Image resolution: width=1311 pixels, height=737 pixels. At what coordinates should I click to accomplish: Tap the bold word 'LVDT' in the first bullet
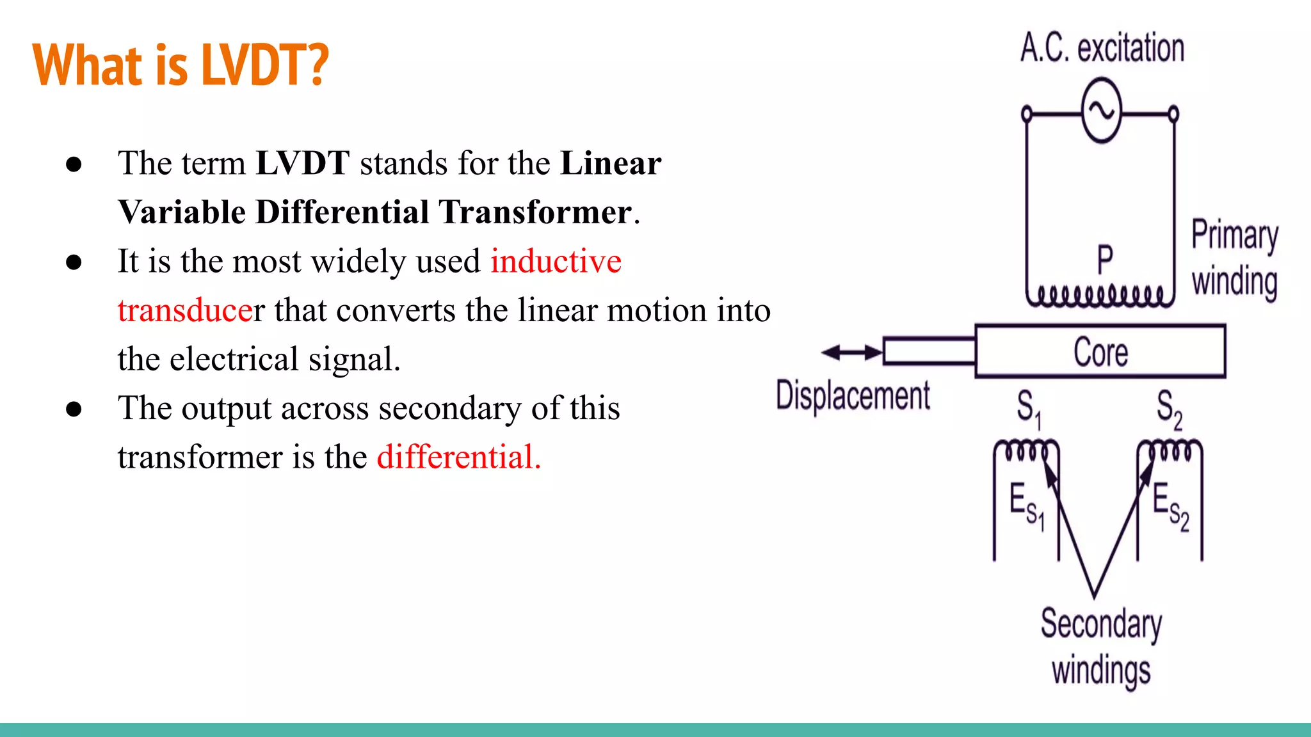click(302, 163)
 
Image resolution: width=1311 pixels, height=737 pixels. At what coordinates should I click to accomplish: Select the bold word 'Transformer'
click(536, 212)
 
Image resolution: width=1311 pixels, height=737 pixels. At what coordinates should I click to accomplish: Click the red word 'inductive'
click(556, 261)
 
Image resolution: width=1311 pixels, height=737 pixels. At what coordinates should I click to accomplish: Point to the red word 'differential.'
click(458, 457)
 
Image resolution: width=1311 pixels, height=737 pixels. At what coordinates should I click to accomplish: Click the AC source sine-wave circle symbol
click(1101, 111)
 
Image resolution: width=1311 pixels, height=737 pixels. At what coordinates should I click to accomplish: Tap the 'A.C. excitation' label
click(1102, 48)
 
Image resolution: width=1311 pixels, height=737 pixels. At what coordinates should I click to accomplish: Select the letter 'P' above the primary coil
click(1105, 260)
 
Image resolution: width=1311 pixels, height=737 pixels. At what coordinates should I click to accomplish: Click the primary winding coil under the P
click(1100, 296)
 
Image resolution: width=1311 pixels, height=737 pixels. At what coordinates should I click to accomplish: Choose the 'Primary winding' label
click(1234, 258)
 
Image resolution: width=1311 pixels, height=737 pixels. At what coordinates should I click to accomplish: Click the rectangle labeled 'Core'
click(1100, 351)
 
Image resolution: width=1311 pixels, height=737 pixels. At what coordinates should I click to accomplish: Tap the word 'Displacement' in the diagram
click(853, 395)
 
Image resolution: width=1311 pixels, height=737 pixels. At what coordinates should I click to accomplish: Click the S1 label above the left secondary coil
click(1029, 408)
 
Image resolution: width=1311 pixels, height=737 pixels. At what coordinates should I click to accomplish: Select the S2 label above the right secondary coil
click(1169, 408)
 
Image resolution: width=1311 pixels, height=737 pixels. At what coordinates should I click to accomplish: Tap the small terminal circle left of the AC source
click(1027, 115)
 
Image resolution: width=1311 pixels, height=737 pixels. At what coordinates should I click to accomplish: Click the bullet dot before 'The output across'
click(74, 409)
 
